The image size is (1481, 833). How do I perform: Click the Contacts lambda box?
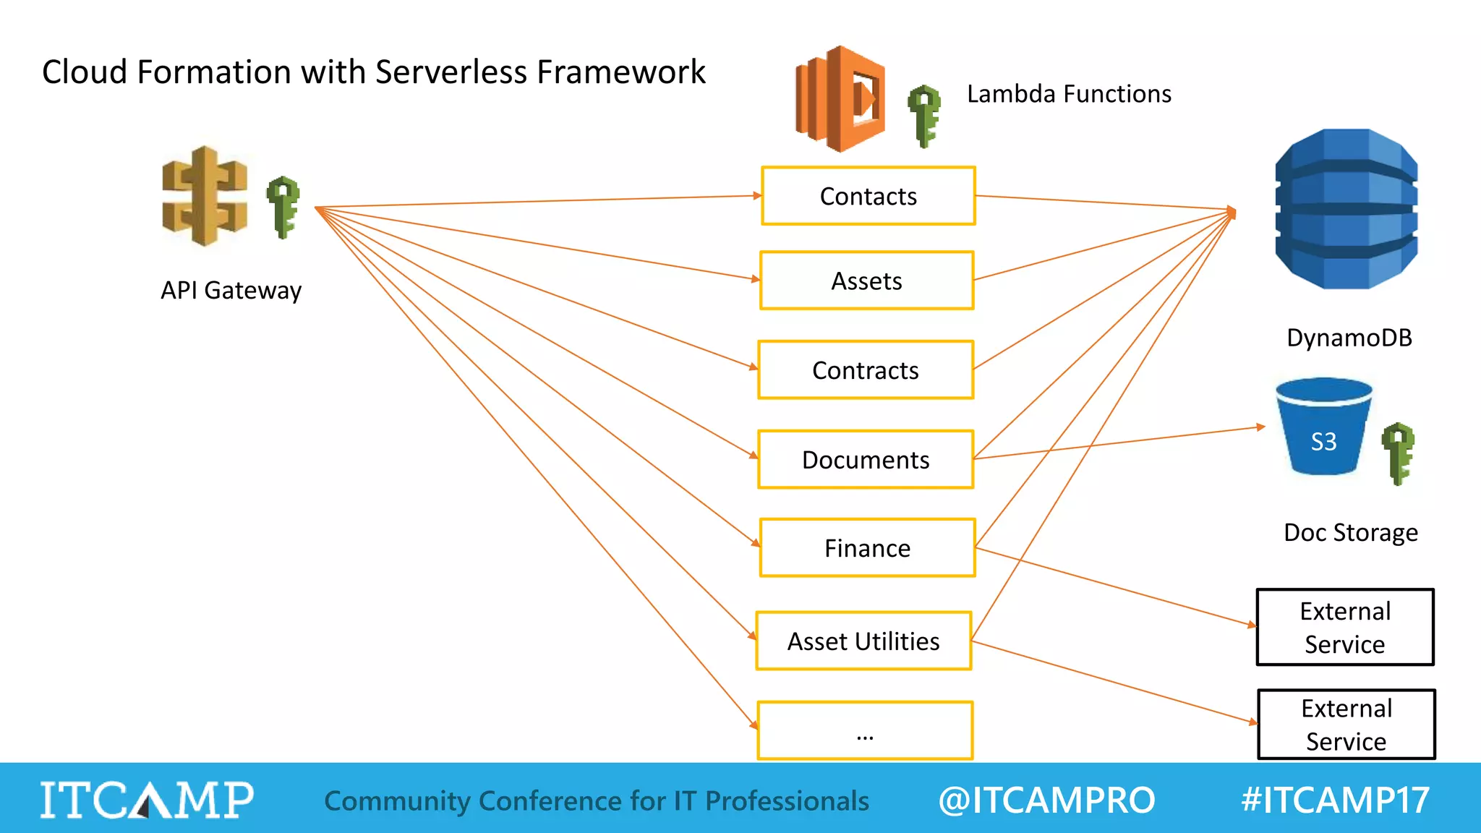coord(868,196)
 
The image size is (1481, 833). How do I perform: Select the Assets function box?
coord(866,281)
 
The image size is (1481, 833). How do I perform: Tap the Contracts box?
coord(866,370)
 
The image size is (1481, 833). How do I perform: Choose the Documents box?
coord(866,460)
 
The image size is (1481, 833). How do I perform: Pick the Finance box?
coord(867,548)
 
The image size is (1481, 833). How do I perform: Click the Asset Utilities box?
coord(863,641)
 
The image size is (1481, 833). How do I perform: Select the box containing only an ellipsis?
coord(865,730)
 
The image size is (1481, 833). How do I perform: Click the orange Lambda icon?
coord(840,99)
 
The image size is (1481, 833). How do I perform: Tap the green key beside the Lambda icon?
coord(924,116)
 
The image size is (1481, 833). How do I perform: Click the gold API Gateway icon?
coord(205,197)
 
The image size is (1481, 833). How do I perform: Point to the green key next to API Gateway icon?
coord(283,207)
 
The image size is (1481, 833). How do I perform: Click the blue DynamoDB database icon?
coord(1346,209)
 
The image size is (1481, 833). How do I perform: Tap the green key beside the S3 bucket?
coord(1398,453)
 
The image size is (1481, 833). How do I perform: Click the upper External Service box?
coord(1345,628)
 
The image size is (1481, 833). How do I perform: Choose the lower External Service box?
coord(1346,725)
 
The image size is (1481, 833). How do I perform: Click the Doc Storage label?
coord(1350,533)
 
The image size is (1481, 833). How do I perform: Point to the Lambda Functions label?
coord(1069,94)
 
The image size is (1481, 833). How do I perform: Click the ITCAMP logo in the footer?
coord(147,800)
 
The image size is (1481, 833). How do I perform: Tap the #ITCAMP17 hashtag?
coord(1335,800)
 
